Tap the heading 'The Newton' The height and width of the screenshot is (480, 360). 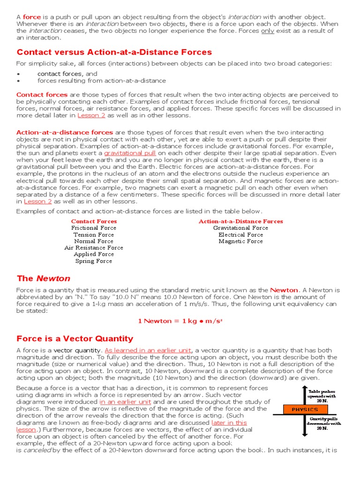[43, 278]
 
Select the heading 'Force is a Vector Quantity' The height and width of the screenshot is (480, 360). [75, 338]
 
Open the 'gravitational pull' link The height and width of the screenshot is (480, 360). [130, 153]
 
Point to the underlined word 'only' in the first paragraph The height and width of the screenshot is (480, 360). [268, 30]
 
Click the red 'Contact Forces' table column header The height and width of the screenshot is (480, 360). [94, 221]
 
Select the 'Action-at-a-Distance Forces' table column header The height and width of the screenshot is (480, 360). [240, 221]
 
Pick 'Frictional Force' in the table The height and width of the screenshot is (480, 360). [94, 228]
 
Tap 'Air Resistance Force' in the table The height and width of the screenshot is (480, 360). [94, 247]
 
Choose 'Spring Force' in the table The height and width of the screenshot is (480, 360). [94, 261]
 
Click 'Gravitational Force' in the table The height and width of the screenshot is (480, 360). [240, 228]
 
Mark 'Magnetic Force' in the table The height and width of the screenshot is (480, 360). [240, 241]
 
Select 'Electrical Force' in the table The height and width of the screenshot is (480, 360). [240, 234]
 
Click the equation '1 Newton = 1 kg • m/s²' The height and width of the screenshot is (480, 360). [180, 321]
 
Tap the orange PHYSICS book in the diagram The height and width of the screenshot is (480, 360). [305, 409]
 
